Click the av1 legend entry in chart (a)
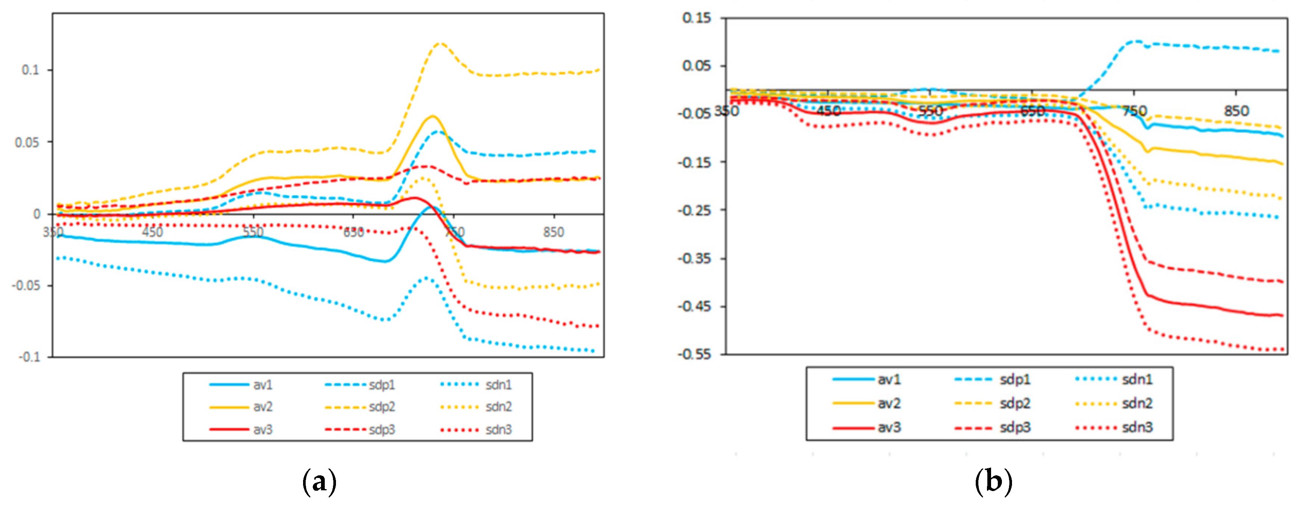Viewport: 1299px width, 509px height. pos(262,385)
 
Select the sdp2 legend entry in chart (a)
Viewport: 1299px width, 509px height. pos(381,407)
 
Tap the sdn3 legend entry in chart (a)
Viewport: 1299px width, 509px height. pos(498,430)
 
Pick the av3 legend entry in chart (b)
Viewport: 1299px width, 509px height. pos(889,427)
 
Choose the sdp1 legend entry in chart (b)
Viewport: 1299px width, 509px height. pos(1015,379)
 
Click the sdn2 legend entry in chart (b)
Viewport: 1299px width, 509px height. pos(1137,404)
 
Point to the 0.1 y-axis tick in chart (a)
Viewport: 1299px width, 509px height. pos(30,70)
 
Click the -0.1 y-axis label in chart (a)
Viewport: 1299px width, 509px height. pos(29,357)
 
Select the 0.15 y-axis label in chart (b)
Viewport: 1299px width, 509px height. pos(696,18)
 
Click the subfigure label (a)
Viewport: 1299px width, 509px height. pos(319,482)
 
